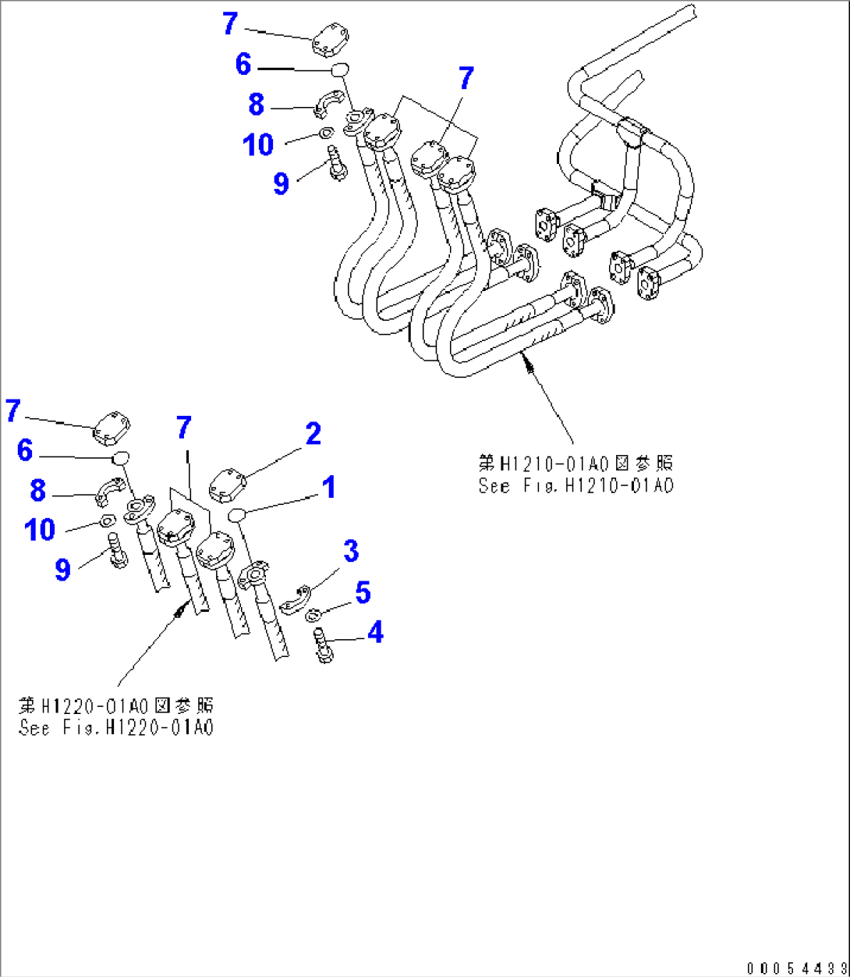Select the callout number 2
[313, 435]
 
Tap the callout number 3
[351, 551]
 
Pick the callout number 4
[375, 632]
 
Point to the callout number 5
[363, 592]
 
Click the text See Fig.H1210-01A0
[576, 485]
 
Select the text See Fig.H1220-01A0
[117, 728]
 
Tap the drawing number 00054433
[795, 968]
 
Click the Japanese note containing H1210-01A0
[576, 464]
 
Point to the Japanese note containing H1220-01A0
[117, 706]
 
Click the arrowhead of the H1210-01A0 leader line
[528, 360]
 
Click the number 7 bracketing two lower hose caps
[183, 428]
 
